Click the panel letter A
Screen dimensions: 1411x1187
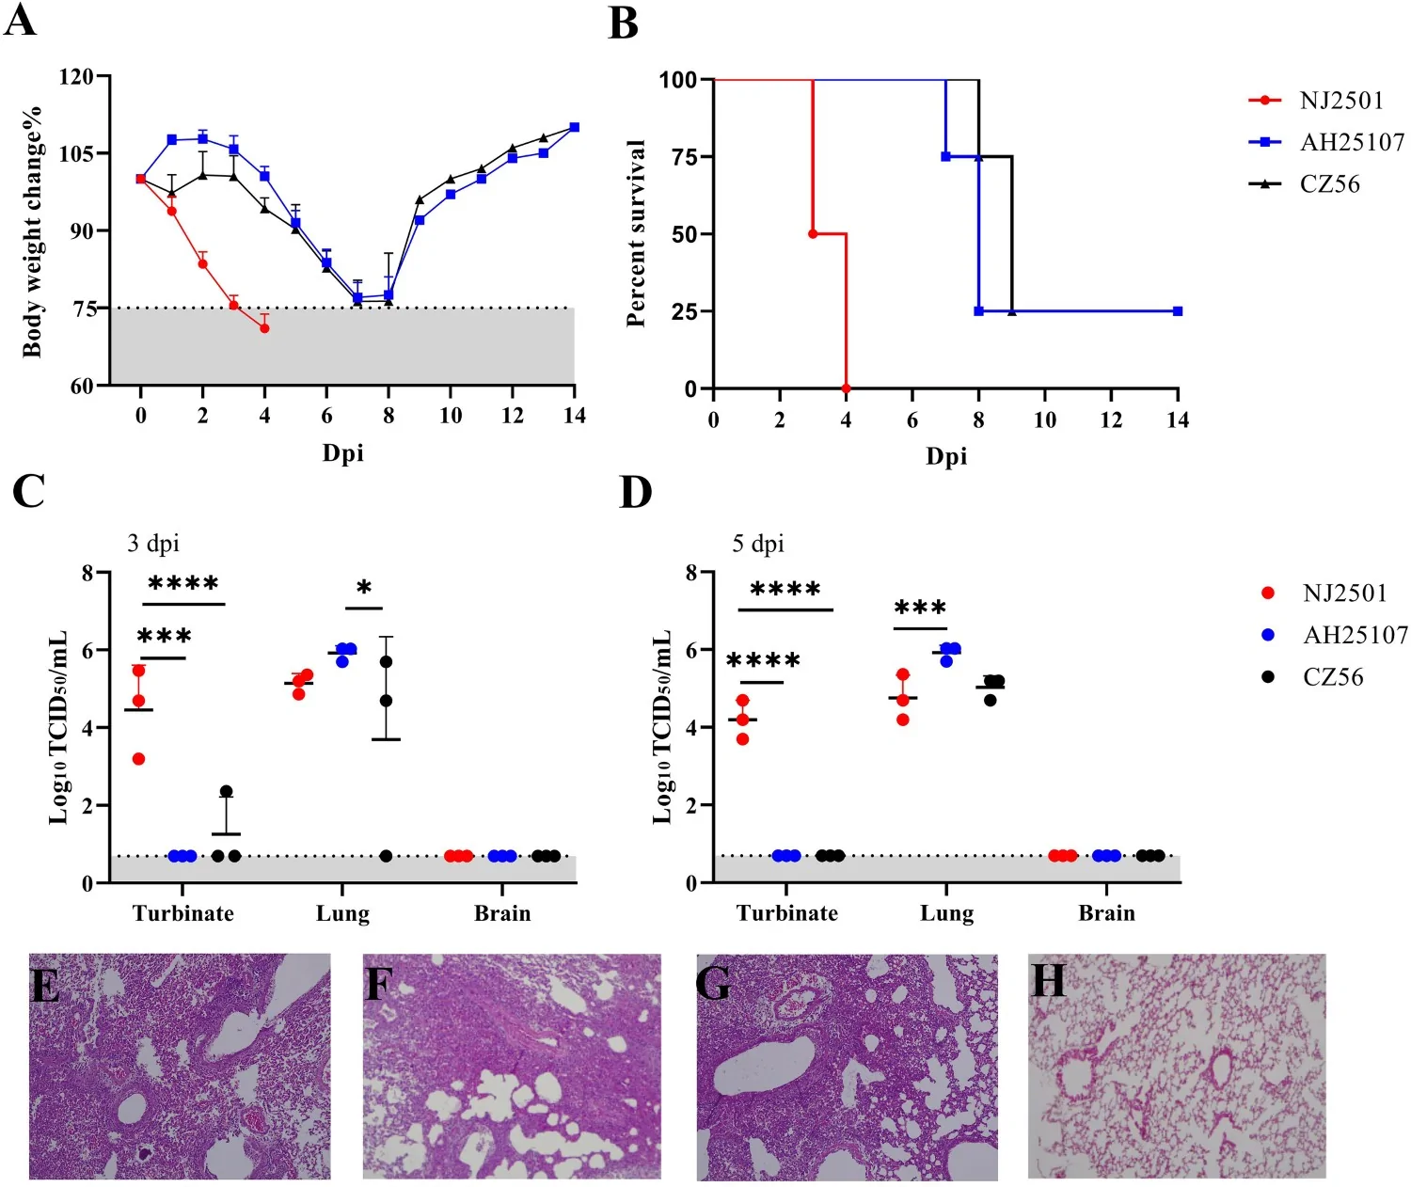click(21, 21)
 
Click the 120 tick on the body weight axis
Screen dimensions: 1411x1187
click(75, 76)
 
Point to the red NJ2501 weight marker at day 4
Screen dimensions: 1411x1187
click(264, 328)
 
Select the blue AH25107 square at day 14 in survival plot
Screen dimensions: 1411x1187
click(1178, 311)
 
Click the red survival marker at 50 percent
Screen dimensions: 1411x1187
click(813, 234)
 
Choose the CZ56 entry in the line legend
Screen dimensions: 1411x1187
click(1304, 183)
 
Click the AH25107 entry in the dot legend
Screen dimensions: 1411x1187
click(1335, 635)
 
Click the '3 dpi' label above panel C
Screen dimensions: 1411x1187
click(153, 544)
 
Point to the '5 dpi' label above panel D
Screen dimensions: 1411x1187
click(758, 544)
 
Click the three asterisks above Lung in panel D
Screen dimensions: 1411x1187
click(920, 607)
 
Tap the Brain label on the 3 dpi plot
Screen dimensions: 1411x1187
click(502, 913)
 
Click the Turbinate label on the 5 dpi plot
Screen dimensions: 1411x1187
click(786, 913)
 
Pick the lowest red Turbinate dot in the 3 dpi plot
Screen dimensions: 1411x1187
click(138, 759)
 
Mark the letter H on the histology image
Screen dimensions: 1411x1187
click(1049, 980)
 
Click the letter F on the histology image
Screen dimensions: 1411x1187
click(379, 985)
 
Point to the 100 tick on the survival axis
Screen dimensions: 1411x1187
click(678, 80)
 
